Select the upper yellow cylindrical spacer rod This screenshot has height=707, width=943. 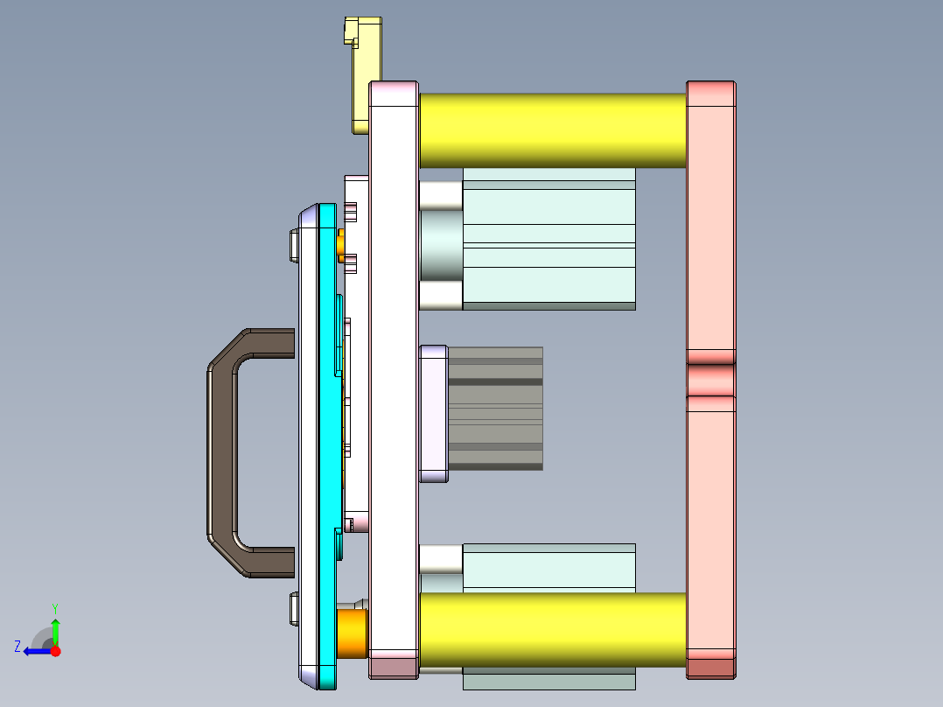pos(551,130)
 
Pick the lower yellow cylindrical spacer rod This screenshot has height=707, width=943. pos(551,630)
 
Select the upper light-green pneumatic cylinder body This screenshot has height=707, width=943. pos(548,245)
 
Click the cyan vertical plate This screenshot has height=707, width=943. pos(327,437)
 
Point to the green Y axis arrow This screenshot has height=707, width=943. pos(55,630)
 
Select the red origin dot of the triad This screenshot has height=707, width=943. pos(55,651)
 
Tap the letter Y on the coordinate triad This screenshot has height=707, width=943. pos(55,606)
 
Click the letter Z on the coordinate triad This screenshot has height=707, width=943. pos(17,647)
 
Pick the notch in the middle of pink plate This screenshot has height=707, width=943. pos(710,380)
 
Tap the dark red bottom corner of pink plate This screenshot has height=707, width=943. pos(710,668)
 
